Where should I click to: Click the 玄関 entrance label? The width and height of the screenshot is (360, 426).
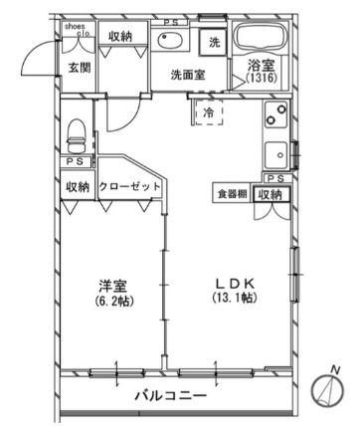click(79, 68)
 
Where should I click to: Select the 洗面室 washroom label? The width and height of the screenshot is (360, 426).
click(187, 73)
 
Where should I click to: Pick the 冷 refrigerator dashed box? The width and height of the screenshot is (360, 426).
click(209, 113)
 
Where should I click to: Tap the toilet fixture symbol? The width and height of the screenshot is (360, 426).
click(76, 131)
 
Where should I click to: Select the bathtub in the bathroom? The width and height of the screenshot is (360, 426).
click(263, 39)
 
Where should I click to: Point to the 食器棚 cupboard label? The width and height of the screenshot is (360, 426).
click(231, 194)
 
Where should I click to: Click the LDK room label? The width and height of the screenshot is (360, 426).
click(229, 282)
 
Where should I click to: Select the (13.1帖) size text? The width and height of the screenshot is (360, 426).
click(229, 298)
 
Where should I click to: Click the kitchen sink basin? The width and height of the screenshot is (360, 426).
click(275, 155)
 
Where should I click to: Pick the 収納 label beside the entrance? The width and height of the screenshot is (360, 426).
click(121, 37)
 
